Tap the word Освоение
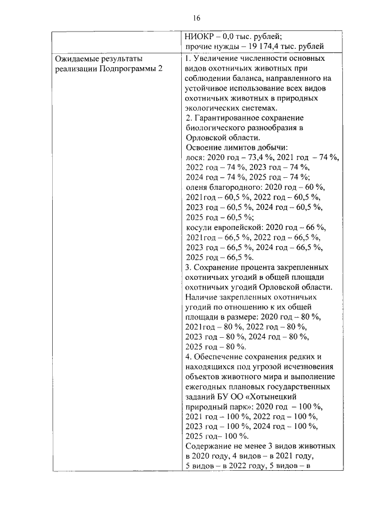click(204, 147)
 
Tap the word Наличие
click(203, 297)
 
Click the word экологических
click(215, 108)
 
